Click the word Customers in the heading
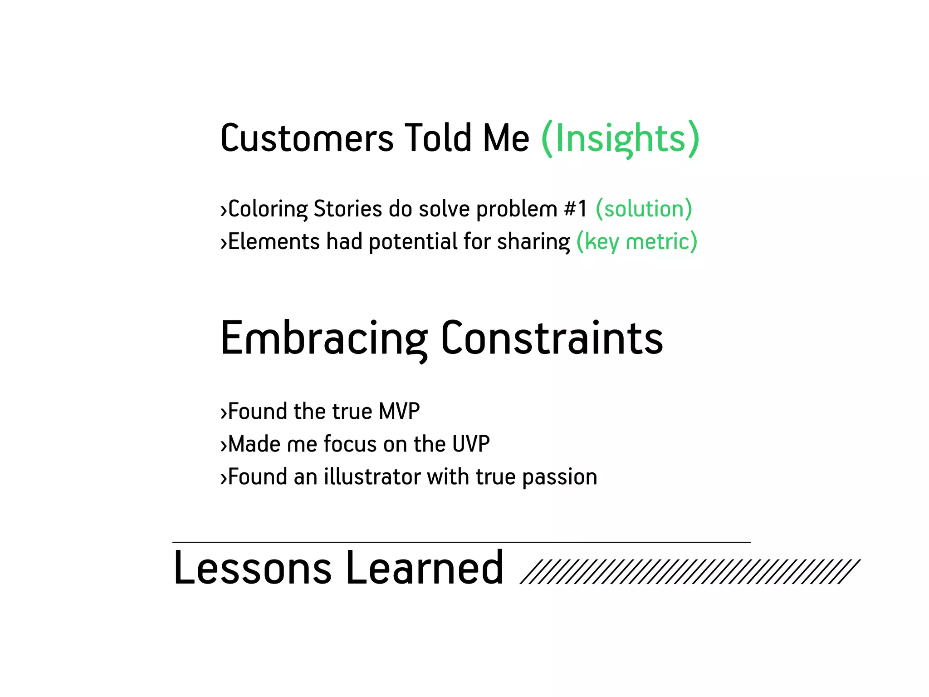[307, 138]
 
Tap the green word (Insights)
[620, 138]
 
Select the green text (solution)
[644, 209]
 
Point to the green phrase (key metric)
[636, 241]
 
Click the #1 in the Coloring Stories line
[576, 209]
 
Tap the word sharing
[533, 241]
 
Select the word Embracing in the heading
[324, 339]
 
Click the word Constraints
[552, 339]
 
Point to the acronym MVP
[399, 412]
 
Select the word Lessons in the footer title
[253, 568]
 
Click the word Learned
[425, 568]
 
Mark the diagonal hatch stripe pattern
[689, 571]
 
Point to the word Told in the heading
[438, 138]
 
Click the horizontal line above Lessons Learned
[461, 542]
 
